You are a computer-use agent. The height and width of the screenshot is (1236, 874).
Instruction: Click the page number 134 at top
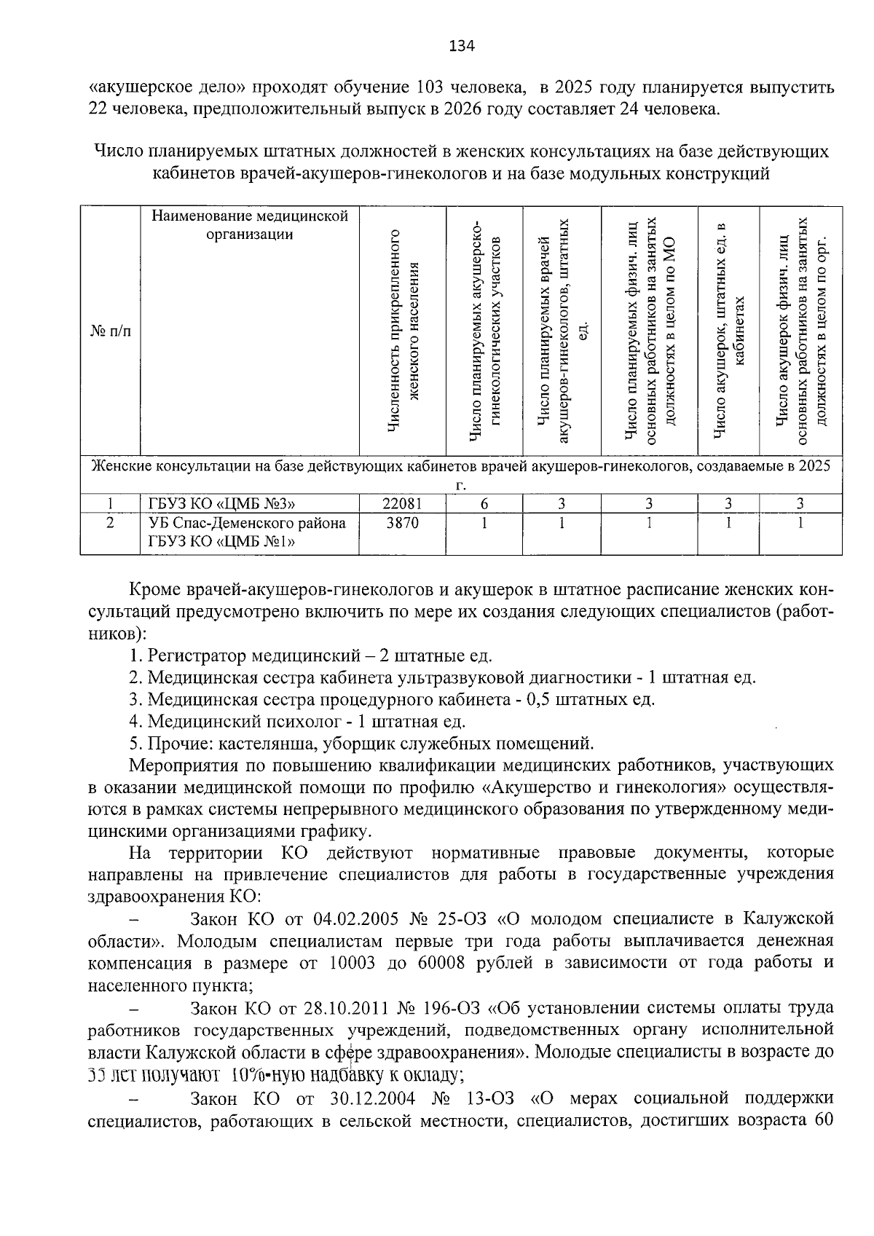462,47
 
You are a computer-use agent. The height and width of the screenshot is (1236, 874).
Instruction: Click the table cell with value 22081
402,503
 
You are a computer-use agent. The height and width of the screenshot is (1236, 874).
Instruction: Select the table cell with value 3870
402,523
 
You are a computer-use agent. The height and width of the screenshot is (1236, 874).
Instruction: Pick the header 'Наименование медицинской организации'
250,225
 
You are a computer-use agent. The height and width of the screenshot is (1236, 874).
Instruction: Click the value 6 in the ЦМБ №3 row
484,503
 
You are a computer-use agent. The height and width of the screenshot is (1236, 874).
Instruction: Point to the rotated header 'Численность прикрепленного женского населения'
402,331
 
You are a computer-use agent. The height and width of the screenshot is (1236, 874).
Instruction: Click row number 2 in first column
110,523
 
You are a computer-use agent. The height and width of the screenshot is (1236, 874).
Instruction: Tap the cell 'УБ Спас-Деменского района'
247,523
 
